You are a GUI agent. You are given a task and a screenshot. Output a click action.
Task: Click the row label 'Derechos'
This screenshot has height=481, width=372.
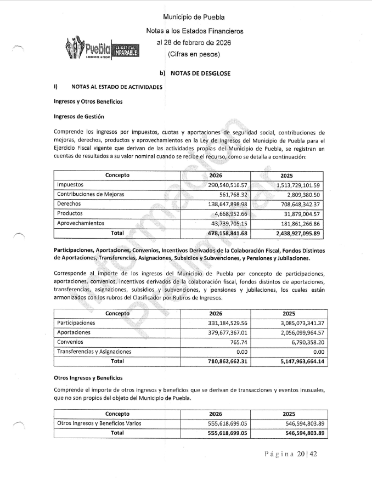(x=69, y=204)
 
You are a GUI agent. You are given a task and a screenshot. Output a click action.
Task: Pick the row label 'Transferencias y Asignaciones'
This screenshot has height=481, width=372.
(x=94, y=352)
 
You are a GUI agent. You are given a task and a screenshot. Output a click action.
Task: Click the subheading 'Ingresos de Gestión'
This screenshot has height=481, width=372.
(x=79, y=116)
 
